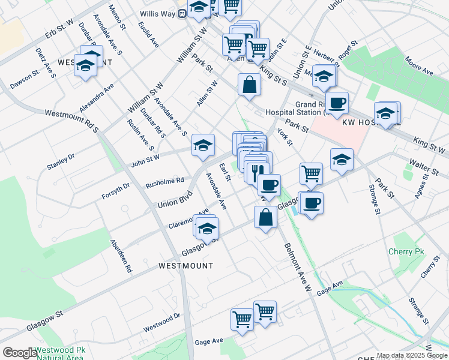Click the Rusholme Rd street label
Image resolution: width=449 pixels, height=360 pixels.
164,181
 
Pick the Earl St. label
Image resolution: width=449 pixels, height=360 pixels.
225,172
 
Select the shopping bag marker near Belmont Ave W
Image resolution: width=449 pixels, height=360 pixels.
265,216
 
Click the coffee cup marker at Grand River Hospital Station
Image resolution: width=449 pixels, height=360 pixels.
337,102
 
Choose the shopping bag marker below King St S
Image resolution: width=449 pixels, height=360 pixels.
249,85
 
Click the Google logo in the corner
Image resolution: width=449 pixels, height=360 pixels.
20,353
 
